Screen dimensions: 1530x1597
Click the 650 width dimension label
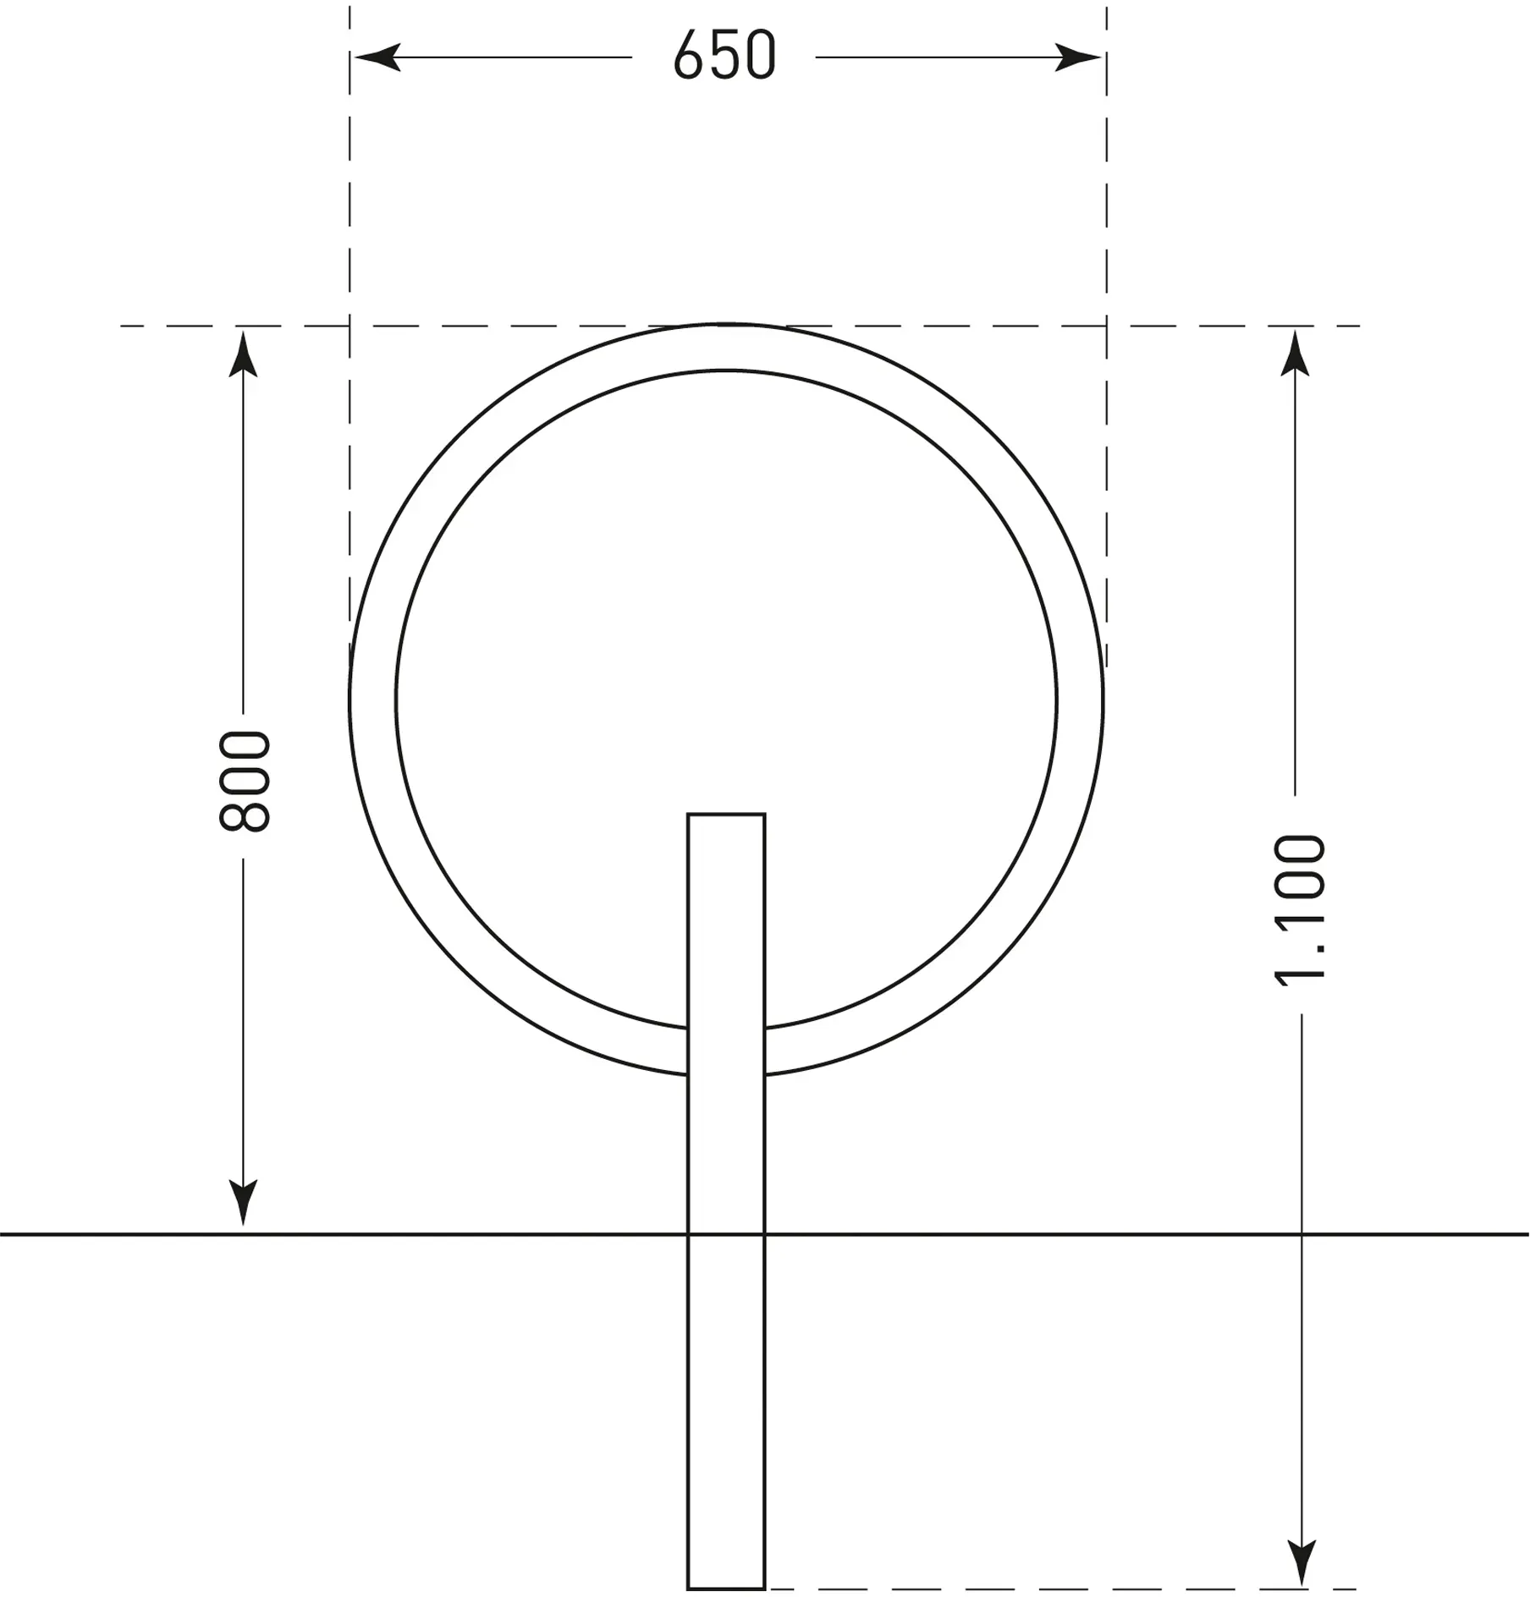pyautogui.click(x=725, y=56)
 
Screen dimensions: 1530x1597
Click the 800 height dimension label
pyautogui.click(x=245, y=781)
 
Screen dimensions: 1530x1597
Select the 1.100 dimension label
pyautogui.click(x=1299, y=910)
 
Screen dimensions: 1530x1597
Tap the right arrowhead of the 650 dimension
pyautogui.click(x=1078, y=58)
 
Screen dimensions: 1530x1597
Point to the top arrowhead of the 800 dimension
pyautogui.click(x=243, y=354)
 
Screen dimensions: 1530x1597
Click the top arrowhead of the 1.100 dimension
pyautogui.click(x=1295, y=354)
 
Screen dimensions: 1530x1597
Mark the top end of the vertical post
pyautogui.click(x=726, y=815)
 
